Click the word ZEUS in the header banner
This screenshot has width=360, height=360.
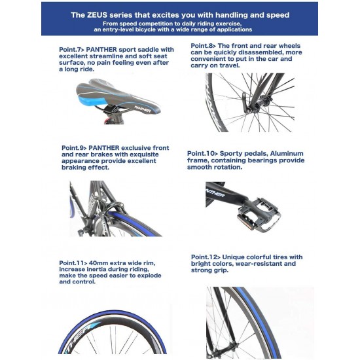pyautogui.click(x=97, y=15)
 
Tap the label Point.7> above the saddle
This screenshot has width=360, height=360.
pyautogui.click(x=72, y=50)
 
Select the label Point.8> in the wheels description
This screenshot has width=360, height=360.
pyautogui.click(x=203, y=46)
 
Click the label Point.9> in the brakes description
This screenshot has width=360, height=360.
pyautogui.click(x=74, y=148)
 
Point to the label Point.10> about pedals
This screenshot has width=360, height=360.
pyautogui.click(x=202, y=153)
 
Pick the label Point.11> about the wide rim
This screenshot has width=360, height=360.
pyautogui.click(x=73, y=263)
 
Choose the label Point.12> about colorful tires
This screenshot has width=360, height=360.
pyautogui.click(x=206, y=257)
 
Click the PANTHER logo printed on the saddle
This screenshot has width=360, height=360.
pyautogui.click(x=143, y=109)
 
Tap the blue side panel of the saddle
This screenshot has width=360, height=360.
pyautogui.click(x=92, y=101)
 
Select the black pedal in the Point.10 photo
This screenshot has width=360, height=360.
pyautogui.click(x=259, y=215)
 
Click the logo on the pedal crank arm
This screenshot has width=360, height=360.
pyautogui.click(x=215, y=194)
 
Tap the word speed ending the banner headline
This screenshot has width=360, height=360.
pyautogui.click(x=278, y=16)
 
